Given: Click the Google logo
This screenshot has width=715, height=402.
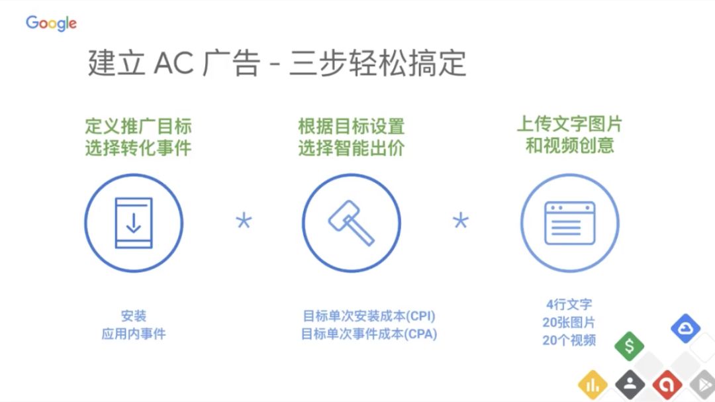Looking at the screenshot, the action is (x=51, y=23).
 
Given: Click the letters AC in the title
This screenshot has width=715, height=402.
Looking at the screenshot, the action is (x=173, y=63).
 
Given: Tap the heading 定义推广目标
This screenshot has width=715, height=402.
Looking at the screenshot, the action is (x=138, y=126).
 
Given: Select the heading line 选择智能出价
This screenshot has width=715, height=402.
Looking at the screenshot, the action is (x=352, y=148).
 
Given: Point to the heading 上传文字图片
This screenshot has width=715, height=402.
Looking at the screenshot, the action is (x=569, y=124).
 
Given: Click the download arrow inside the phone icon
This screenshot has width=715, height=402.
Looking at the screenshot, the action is (x=134, y=223).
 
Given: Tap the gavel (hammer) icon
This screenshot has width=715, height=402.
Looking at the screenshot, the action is (x=352, y=223).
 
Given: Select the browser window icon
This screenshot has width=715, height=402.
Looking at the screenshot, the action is (x=570, y=223).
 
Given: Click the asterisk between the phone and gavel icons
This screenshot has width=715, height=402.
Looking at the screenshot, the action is (x=244, y=221).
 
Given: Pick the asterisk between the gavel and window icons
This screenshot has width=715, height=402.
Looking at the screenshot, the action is (x=461, y=221).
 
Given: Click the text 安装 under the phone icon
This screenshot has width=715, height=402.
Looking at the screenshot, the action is (x=134, y=316).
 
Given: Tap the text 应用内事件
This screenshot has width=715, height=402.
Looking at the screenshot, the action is (x=134, y=334).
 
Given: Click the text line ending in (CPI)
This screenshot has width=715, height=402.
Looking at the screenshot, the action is (x=369, y=316).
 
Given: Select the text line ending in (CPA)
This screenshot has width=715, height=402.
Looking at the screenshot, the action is (x=369, y=334).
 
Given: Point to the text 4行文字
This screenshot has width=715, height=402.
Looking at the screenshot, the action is (x=569, y=305).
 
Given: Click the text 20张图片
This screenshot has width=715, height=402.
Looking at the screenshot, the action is (x=569, y=323).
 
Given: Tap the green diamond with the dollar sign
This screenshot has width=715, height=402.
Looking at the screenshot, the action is (x=630, y=346).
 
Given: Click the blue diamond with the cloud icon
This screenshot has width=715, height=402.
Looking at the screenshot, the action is (x=685, y=328).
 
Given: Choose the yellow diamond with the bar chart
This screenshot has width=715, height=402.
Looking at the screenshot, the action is (x=593, y=385).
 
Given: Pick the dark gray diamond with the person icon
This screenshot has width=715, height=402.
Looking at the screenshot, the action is (x=630, y=385).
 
